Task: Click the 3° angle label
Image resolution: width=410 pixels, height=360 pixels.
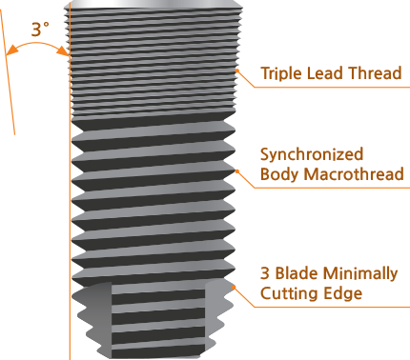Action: click(x=40, y=30)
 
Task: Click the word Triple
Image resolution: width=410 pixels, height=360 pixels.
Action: click(x=281, y=73)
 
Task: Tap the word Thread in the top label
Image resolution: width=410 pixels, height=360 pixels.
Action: click(x=376, y=73)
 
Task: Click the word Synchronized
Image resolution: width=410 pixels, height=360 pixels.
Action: click(x=312, y=155)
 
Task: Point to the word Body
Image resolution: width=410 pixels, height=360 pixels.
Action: click(x=279, y=174)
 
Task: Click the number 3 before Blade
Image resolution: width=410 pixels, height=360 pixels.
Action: click(x=265, y=273)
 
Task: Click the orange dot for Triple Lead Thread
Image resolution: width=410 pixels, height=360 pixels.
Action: click(x=236, y=70)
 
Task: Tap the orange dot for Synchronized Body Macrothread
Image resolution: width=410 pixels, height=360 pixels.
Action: click(x=237, y=171)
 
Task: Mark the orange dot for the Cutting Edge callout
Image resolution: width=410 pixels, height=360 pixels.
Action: click(x=234, y=287)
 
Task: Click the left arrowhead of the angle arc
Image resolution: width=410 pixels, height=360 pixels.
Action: click(x=11, y=50)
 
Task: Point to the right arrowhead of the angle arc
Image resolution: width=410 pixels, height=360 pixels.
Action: click(x=63, y=50)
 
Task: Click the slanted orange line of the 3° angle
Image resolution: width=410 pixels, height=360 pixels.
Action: click(x=8, y=71)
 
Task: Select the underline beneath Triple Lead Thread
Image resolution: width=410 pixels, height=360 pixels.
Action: click(x=332, y=87)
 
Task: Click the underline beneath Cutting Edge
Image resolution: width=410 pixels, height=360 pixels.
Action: click(x=332, y=307)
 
